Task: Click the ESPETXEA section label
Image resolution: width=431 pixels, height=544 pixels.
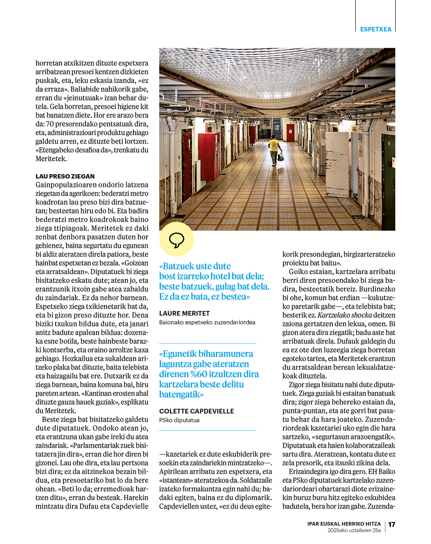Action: (375, 29)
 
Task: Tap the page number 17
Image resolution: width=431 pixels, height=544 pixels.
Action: (392, 524)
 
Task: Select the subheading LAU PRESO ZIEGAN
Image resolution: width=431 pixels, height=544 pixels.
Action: (65, 176)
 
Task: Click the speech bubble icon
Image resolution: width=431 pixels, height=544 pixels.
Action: (177, 240)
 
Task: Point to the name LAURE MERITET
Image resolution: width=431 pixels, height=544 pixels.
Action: (184, 313)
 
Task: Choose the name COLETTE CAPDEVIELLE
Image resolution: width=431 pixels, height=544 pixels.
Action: (196, 411)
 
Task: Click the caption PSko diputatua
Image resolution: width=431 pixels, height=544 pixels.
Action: (179, 420)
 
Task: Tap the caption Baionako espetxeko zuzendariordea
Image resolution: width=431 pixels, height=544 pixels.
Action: (207, 322)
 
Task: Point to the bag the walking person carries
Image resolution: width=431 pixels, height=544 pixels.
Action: (280, 157)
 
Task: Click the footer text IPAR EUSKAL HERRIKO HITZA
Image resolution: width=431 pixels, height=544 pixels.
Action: (344, 524)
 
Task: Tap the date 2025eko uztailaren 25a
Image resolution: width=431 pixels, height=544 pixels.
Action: (354, 530)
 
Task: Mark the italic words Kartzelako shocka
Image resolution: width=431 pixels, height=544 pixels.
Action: (345, 315)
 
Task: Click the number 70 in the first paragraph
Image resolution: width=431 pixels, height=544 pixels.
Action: (50, 124)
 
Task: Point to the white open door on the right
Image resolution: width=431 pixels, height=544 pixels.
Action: (336, 163)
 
